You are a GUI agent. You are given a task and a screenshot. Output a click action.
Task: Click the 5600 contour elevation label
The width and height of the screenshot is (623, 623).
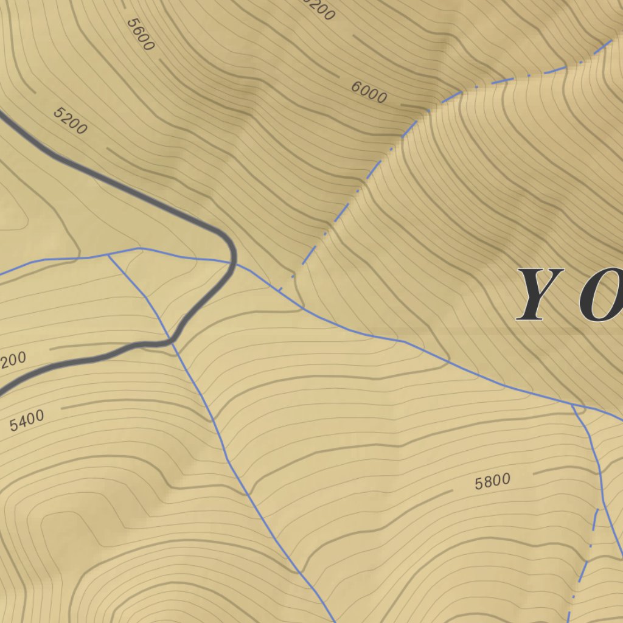coord(141,34)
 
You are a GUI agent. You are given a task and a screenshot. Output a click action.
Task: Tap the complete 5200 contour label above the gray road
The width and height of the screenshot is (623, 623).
coord(70,120)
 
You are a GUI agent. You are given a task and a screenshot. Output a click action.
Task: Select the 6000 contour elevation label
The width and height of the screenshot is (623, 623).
coord(369,92)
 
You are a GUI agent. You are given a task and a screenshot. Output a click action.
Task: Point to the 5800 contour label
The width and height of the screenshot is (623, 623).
coord(492,482)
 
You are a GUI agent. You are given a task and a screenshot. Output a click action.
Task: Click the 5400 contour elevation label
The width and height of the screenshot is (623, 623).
coord(27,420)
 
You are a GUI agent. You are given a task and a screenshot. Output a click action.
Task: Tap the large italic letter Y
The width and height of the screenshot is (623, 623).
coord(540,294)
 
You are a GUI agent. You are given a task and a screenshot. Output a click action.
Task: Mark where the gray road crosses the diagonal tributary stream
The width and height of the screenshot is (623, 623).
coord(172,343)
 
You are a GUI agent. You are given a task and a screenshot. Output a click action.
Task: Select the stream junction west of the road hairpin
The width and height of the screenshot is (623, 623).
coord(109,256)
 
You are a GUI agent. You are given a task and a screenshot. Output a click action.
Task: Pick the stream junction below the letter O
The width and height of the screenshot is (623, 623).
coord(573,405)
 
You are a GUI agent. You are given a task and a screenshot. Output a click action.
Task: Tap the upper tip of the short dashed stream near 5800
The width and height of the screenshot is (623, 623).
coord(597,510)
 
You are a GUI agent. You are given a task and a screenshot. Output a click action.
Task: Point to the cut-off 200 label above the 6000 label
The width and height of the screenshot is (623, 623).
coord(321,9)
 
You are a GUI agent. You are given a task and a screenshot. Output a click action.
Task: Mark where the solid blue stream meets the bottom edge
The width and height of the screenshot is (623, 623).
coord(335,621)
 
